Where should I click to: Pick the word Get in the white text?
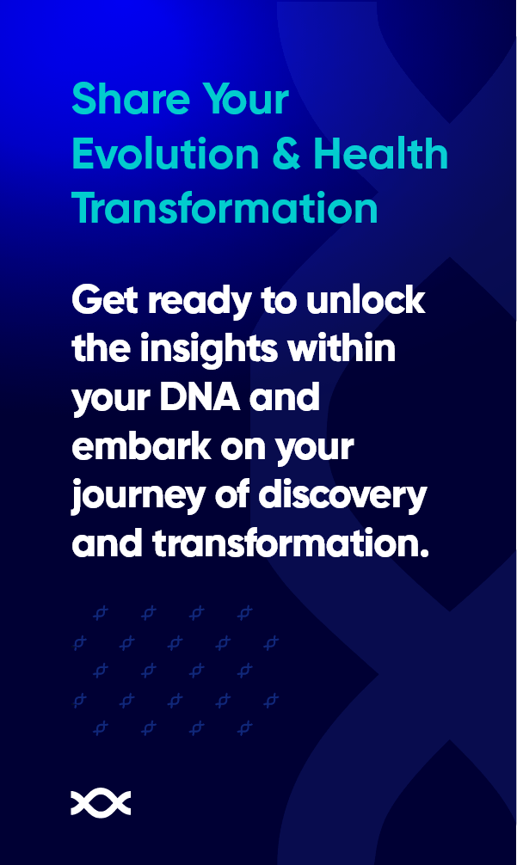click(x=105, y=301)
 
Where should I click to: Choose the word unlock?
click(x=366, y=300)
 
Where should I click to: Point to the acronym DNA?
click(x=200, y=397)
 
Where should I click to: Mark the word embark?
click(x=141, y=445)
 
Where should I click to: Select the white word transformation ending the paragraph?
click(x=290, y=543)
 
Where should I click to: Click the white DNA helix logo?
click(x=101, y=803)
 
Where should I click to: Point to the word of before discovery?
click(x=231, y=494)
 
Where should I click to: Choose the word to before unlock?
click(x=280, y=301)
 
